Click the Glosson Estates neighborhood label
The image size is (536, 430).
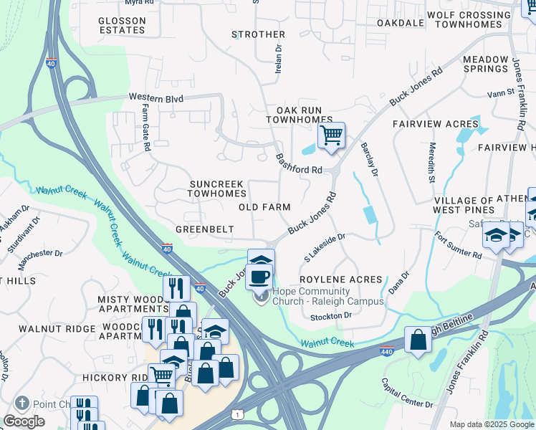(122, 25)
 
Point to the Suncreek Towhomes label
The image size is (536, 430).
(217, 188)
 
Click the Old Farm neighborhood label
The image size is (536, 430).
(264, 207)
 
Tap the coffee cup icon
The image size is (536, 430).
(259, 275)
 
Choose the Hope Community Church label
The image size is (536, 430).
(321, 296)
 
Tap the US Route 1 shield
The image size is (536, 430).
(237, 415)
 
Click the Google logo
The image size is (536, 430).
(24, 421)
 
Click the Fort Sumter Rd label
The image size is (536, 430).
(459, 244)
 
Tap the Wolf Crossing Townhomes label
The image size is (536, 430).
(479, 19)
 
